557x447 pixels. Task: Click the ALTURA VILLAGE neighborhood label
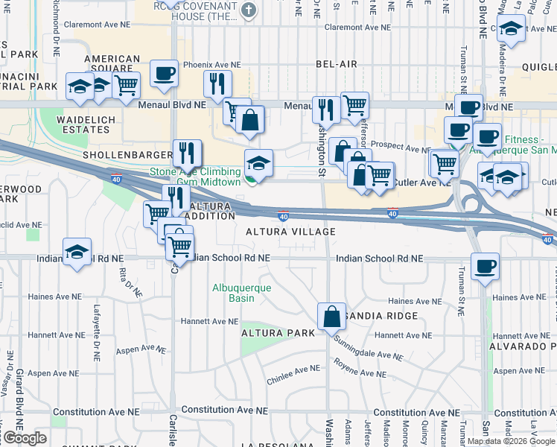(x=290, y=232)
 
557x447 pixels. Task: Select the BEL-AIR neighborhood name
(x=337, y=64)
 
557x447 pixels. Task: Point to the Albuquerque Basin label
(x=233, y=293)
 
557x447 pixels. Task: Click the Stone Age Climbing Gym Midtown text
(x=195, y=177)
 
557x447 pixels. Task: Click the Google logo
(x=25, y=438)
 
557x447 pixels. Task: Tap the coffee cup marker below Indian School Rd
(x=485, y=267)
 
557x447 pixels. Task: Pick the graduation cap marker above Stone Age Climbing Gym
(x=258, y=162)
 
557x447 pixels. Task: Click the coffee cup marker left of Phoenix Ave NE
(x=164, y=73)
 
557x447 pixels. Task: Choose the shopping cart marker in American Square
(x=127, y=85)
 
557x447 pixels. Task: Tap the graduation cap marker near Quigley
(x=512, y=29)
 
